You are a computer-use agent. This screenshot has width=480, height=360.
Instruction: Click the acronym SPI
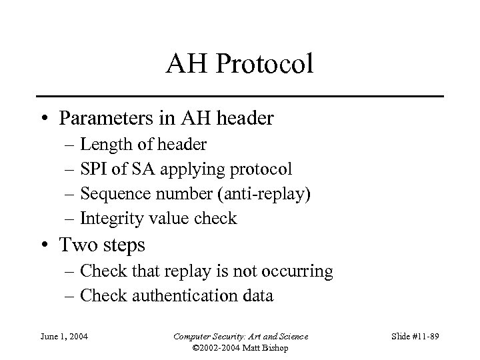(x=93, y=169)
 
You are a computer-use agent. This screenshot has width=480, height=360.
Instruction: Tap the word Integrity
(x=109, y=219)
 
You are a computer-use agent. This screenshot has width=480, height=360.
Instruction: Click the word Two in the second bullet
(x=75, y=245)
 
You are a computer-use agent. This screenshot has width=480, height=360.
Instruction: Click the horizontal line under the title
(x=239, y=97)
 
